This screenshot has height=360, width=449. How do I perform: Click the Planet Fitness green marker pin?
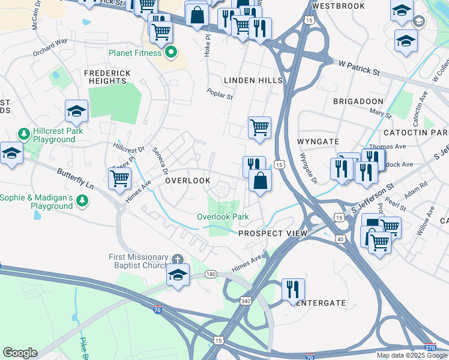coord(171,52)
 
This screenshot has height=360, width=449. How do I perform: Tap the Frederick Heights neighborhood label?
coord(107,77)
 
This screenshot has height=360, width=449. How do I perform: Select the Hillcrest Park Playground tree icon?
coord(24,132)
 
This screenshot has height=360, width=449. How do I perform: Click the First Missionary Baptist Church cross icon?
coord(177,259)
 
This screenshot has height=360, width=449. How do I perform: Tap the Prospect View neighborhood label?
coord(273,233)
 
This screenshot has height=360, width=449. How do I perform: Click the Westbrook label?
coord(339,6)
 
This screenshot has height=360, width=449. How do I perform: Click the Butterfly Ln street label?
coord(75,178)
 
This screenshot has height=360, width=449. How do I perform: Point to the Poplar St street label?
coord(219,94)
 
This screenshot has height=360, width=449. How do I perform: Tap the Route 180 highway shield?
coord(210,274)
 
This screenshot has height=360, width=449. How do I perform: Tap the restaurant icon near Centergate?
coord(293,289)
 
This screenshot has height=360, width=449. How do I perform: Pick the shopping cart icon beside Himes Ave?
coord(120,178)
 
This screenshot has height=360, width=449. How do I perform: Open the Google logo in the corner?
coord(19,353)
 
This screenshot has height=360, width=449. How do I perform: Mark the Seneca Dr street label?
coord(160,161)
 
